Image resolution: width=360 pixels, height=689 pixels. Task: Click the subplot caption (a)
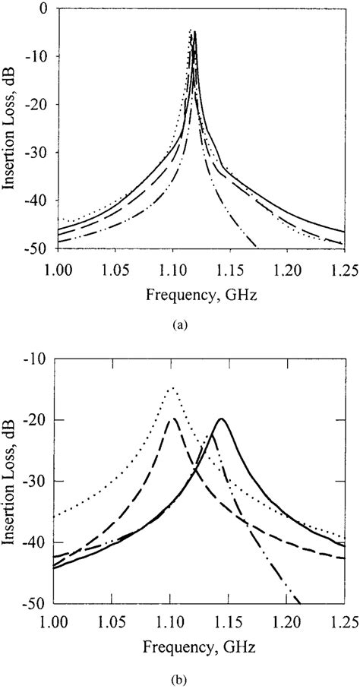pyautogui.click(x=178, y=324)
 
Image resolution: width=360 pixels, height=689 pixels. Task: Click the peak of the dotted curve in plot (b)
pyautogui.click(x=172, y=388)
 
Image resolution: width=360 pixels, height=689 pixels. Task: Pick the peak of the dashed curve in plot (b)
pyautogui.click(x=173, y=419)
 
